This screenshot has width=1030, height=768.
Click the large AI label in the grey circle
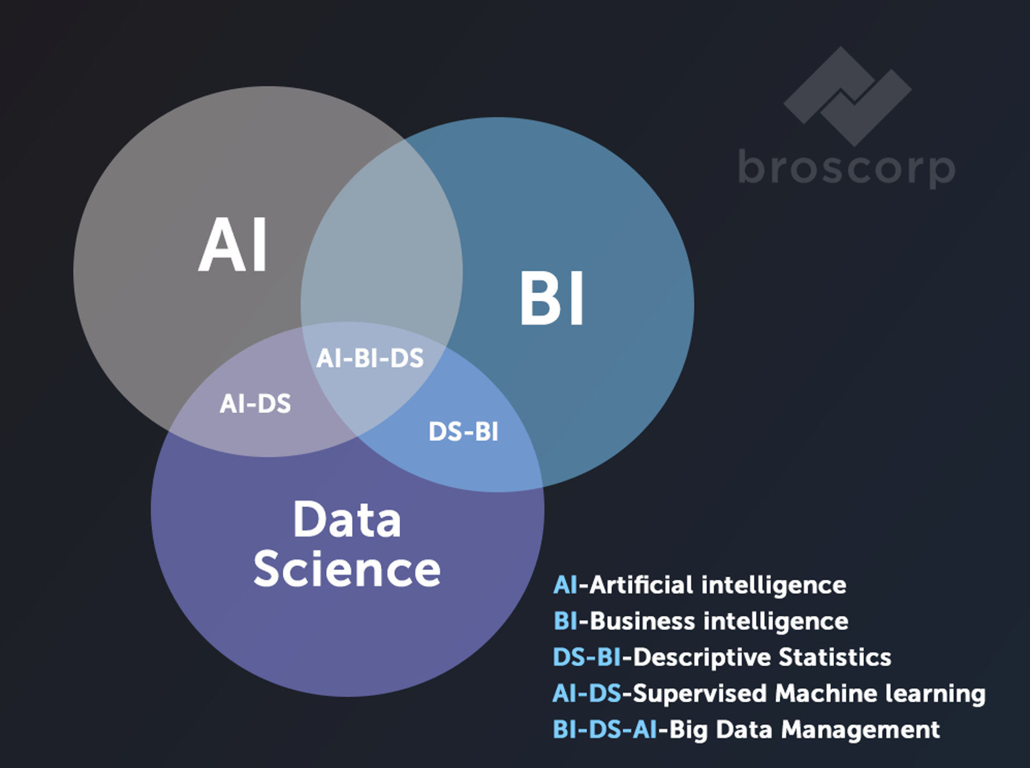point(233,245)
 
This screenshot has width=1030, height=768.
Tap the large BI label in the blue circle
point(552,298)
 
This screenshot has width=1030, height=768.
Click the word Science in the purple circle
point(347,568)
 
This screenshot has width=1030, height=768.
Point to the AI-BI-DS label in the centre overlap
point(370,358)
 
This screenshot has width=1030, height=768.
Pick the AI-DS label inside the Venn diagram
point(255,404)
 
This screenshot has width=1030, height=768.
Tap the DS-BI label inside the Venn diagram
point(464,431)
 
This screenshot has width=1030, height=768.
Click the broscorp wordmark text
point(847,167)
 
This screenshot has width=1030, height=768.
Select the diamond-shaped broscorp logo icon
point(848,97)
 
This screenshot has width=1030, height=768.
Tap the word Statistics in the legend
point(835,657)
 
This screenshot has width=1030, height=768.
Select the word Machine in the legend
point(825,693)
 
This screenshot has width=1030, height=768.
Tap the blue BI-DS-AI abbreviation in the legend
point(605,729)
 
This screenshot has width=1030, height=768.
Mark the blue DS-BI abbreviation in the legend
point(587,657)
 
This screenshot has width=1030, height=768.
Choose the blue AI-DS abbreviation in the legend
point(587,693)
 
